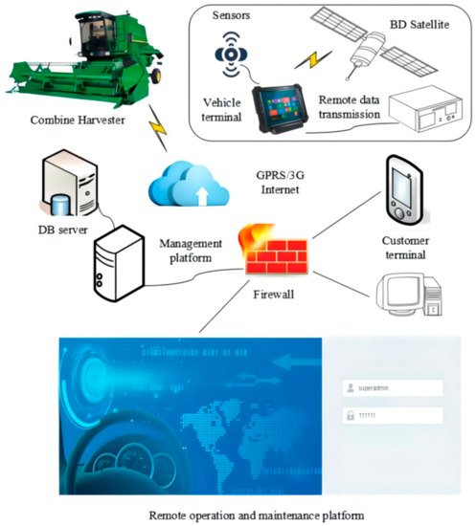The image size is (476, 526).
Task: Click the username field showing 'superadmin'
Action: coord(392,389)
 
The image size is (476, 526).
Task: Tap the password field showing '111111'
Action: coord(392,417)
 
